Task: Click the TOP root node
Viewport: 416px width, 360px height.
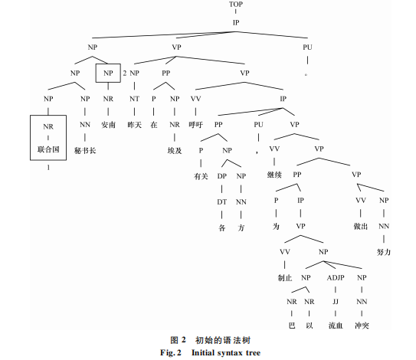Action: coord(236,5)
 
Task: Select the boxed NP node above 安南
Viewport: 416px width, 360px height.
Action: coord(108,73)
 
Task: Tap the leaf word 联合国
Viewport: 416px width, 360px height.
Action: coord(48,149)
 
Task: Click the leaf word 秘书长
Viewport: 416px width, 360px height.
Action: coord(85,151)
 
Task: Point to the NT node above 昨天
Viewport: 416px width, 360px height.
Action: coord(135,99)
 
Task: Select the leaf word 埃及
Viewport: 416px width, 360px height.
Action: coord(175,151)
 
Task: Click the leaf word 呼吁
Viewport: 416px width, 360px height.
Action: coord(196,125)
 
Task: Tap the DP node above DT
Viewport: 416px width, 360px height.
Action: coord(222,176)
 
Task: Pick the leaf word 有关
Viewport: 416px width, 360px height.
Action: coord(201,176)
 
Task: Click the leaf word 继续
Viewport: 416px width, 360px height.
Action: coord(274,175)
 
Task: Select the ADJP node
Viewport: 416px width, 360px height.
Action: coord(336,278)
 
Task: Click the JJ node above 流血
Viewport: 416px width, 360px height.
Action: coord(336,302)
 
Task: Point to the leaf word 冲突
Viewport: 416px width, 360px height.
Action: coord(362,326)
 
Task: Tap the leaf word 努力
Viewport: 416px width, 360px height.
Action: coord(384,252)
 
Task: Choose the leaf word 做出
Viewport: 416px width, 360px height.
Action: coord(361,226)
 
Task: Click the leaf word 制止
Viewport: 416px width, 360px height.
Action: coord(285,278)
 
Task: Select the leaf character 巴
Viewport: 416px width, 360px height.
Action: coord(292,326)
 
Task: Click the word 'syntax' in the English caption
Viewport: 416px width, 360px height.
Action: coord(229,353)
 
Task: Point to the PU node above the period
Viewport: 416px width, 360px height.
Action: coord(307,47)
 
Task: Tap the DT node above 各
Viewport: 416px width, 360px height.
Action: coord(222,202)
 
